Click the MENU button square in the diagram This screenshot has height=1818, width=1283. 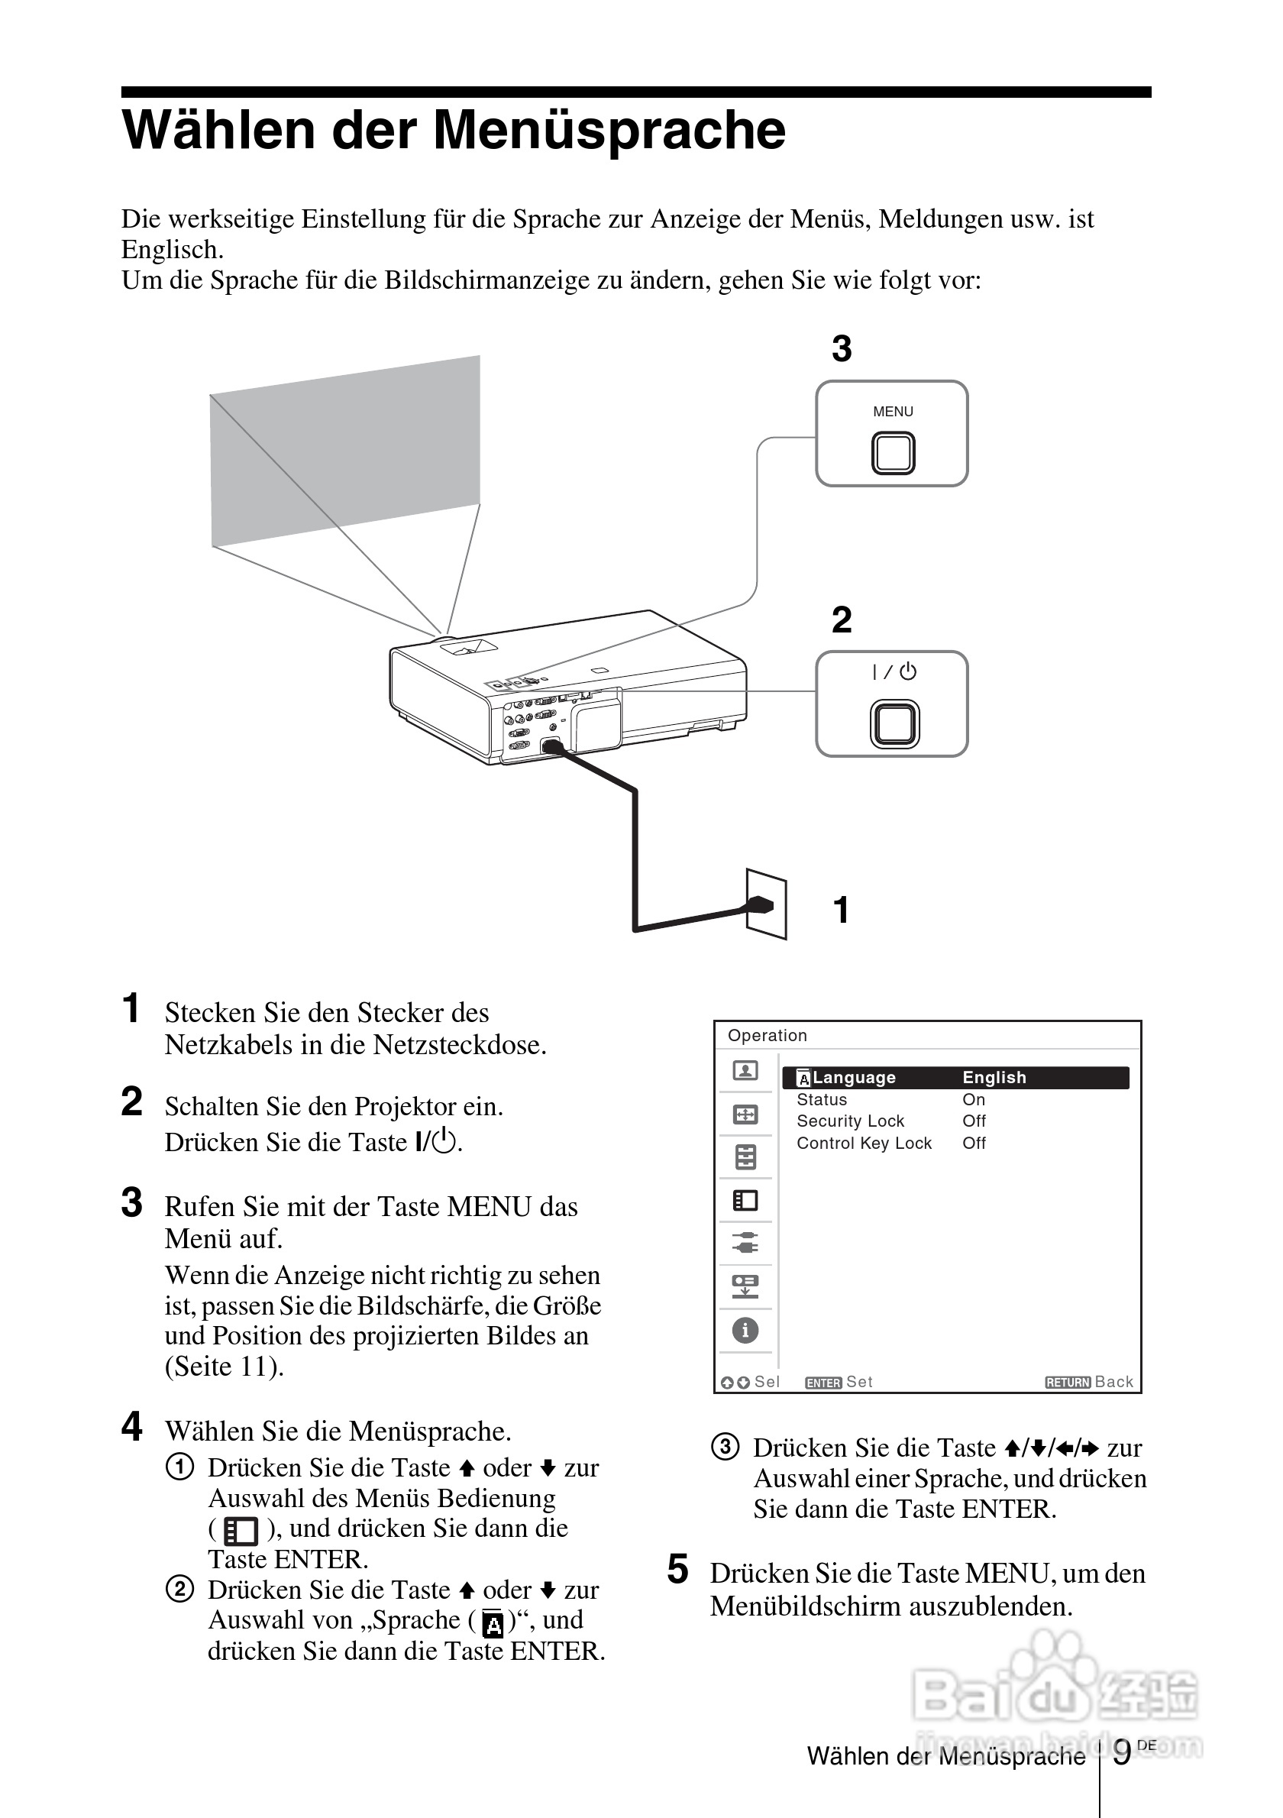coord(893,453)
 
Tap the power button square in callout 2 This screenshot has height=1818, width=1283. coord(894,723)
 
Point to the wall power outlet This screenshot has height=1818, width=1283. coord(766,904)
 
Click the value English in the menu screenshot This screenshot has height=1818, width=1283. coord(994,1078)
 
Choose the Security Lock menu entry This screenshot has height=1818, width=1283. coord(850,1121)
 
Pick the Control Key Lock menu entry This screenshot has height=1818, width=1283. coord(864,1144)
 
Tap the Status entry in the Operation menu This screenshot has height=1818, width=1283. coord(822,1100)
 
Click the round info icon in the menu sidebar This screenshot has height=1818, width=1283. coord(745,1330)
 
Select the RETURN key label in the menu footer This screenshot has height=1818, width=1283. coord(1068,1383)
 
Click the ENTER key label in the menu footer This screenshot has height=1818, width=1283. coord(823,1383)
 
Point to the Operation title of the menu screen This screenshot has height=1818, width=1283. coord(767,1036)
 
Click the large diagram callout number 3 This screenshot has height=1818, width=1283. coord(842,348)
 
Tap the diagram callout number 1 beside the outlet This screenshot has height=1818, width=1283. coord(841,910)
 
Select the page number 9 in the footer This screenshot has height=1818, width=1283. coord(1122,1753)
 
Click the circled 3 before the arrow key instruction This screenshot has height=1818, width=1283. coord(725,1447)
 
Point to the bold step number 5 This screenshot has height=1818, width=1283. coord(677,1570)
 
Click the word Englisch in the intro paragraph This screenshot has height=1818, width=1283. coord(172,250)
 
